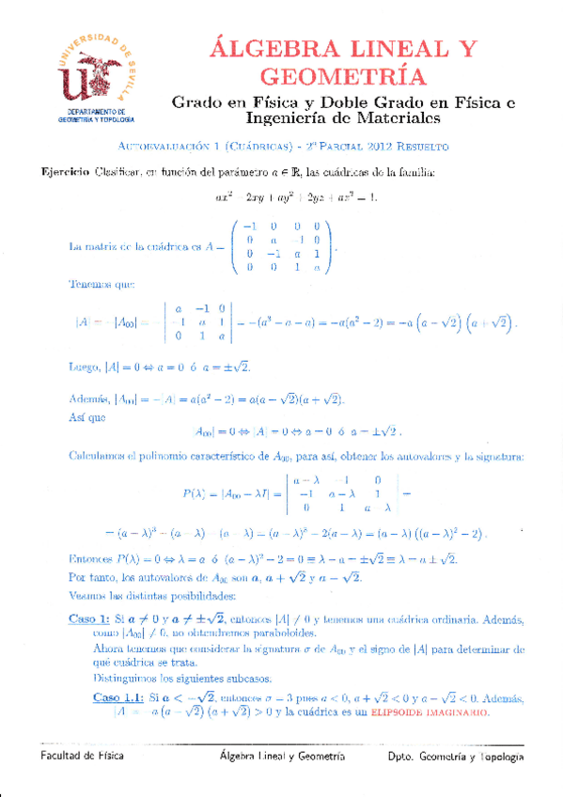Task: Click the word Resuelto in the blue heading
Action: pos(425,148)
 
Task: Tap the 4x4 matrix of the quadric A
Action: pos(283,246)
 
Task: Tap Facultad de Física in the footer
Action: pos(83,757)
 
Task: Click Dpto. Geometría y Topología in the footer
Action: pos(456,757)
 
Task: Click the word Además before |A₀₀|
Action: pos(91,398)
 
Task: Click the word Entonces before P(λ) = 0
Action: pos(95,559)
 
